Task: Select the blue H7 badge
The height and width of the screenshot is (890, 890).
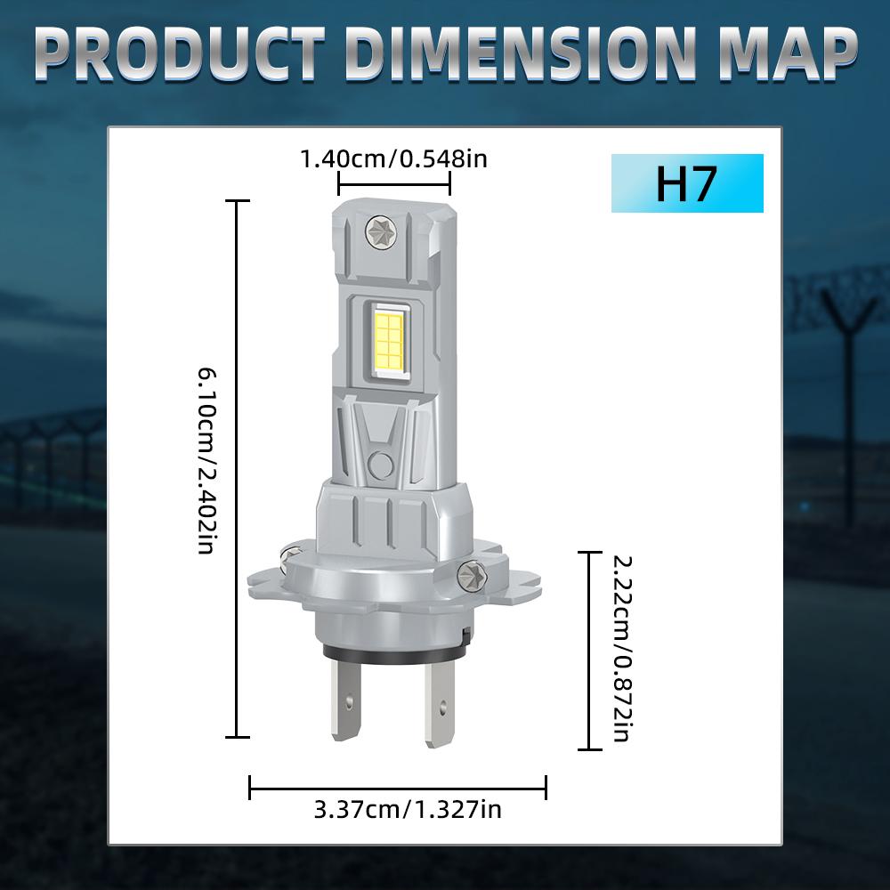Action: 687,183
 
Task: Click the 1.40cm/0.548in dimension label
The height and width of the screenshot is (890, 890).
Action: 393,160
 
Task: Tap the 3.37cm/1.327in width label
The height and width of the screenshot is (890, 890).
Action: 408,810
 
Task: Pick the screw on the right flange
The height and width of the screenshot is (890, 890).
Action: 470,577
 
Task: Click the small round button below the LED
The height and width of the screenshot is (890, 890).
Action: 382,462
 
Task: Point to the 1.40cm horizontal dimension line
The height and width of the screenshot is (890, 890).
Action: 393,183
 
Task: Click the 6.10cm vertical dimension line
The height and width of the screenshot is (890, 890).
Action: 237,469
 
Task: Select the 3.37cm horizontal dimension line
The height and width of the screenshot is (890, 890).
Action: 398,787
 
